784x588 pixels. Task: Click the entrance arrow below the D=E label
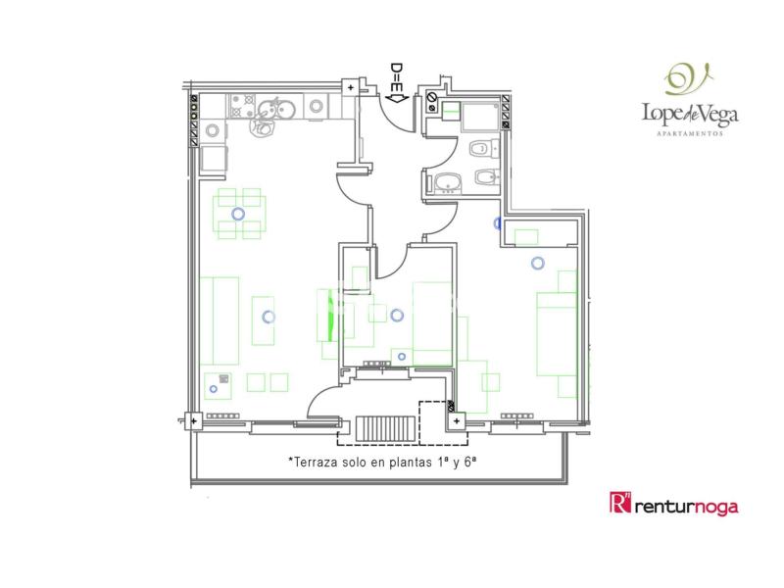(x=398, y=99)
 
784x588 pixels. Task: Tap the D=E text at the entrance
(x=397, y=79)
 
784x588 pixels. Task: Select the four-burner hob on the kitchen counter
(x=242, y=106)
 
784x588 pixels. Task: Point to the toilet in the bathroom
(x=484, y=149)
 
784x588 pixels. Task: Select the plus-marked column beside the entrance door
(x=351, y=87)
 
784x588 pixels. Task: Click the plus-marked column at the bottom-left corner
(x=194, y=421)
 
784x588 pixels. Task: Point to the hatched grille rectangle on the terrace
(x=385, y=429)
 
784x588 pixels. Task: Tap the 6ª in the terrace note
(x=469, y=462)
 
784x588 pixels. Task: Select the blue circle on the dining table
(x=238, y=214)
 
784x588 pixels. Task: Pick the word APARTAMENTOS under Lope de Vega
(x=690, y=133)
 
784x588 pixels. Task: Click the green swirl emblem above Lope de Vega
(x=689, y=79)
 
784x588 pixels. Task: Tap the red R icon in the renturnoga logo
(x=620, y=503)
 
